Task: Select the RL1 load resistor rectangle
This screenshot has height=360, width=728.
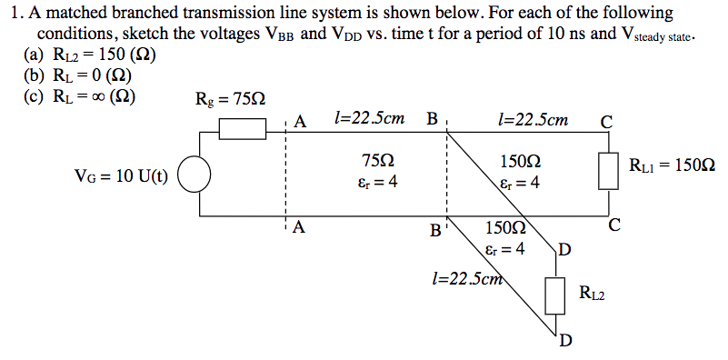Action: pos(606,170)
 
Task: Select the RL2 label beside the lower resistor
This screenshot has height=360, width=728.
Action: pos(592,293)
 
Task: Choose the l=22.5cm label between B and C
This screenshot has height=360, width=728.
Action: pos(535,119)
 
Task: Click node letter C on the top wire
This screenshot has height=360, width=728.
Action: pos(606,122)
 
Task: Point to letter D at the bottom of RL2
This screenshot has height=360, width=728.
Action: pos(565,340)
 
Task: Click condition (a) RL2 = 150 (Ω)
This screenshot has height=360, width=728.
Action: pos(87,54)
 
